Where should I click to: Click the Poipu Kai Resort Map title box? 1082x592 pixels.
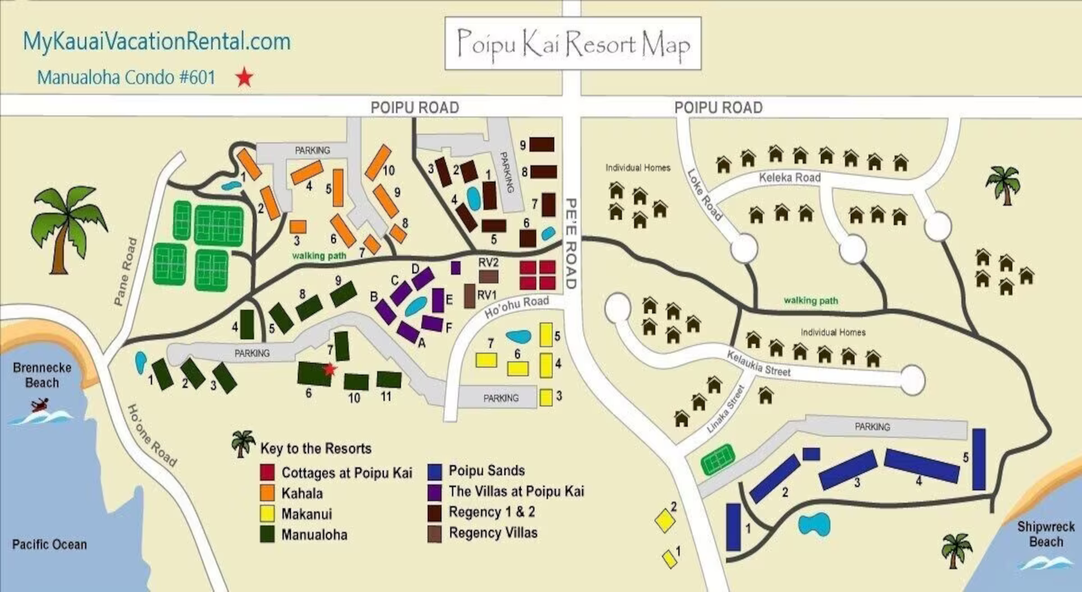[573, 43]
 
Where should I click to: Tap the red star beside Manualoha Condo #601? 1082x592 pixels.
[244, 77]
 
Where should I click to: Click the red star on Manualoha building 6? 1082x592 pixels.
[330, 369]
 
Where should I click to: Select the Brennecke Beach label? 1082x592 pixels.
[42, 375]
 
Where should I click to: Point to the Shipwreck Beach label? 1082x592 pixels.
[1045, 534]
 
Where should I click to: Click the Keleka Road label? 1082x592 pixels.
[789, 178]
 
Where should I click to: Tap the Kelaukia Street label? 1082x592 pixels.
[758, 364]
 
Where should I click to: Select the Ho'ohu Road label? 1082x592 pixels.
[516, 306]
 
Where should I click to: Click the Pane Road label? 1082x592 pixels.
[125, 272]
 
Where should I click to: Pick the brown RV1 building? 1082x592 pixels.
[469, 296]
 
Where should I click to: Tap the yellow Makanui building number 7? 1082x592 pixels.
[486, 360]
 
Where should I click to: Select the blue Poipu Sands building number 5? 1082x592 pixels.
[979, 459]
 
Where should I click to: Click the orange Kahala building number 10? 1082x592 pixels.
[378, 162]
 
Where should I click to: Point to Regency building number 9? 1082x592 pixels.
[542, 144]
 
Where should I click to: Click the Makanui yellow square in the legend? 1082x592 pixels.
[267, 514]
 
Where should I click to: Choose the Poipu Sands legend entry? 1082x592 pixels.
[486, 471]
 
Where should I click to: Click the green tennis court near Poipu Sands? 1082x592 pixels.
[718, 460]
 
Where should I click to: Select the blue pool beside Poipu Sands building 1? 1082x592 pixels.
[814, 524]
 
